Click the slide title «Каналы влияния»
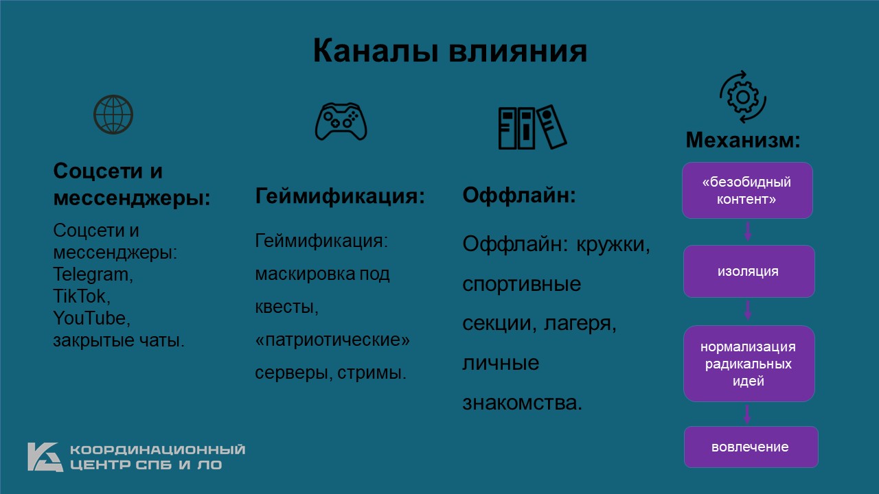450,51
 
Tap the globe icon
113,115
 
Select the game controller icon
341,121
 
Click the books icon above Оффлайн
532,127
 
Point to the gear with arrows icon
743,97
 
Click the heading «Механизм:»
743,140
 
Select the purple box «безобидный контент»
747,191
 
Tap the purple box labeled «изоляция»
749,271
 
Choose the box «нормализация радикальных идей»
749,364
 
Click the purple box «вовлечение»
751,447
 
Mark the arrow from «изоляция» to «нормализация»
748,310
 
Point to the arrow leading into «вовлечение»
747,414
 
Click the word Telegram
93,274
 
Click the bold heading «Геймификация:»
340,196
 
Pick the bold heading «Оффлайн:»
519,195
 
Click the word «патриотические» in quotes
332,340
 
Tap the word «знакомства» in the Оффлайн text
523,403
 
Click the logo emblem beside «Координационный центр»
45,457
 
